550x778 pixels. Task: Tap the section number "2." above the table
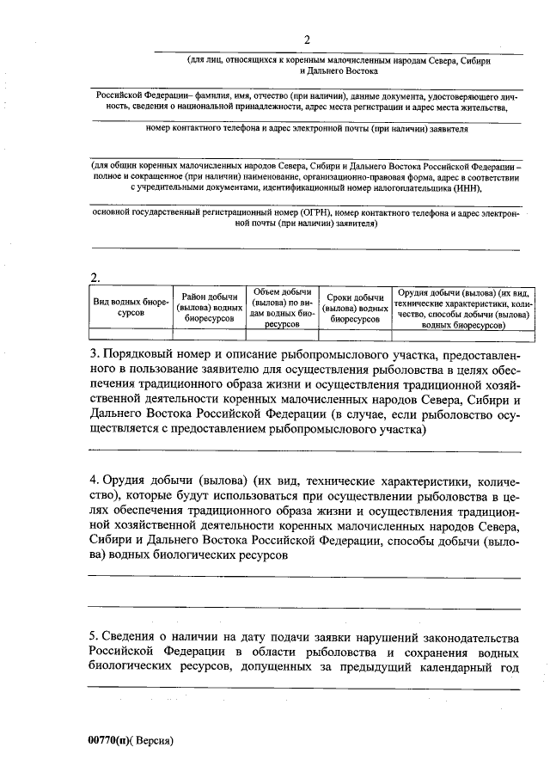tap(95, 278)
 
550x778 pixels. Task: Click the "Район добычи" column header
tap(208, 307)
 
